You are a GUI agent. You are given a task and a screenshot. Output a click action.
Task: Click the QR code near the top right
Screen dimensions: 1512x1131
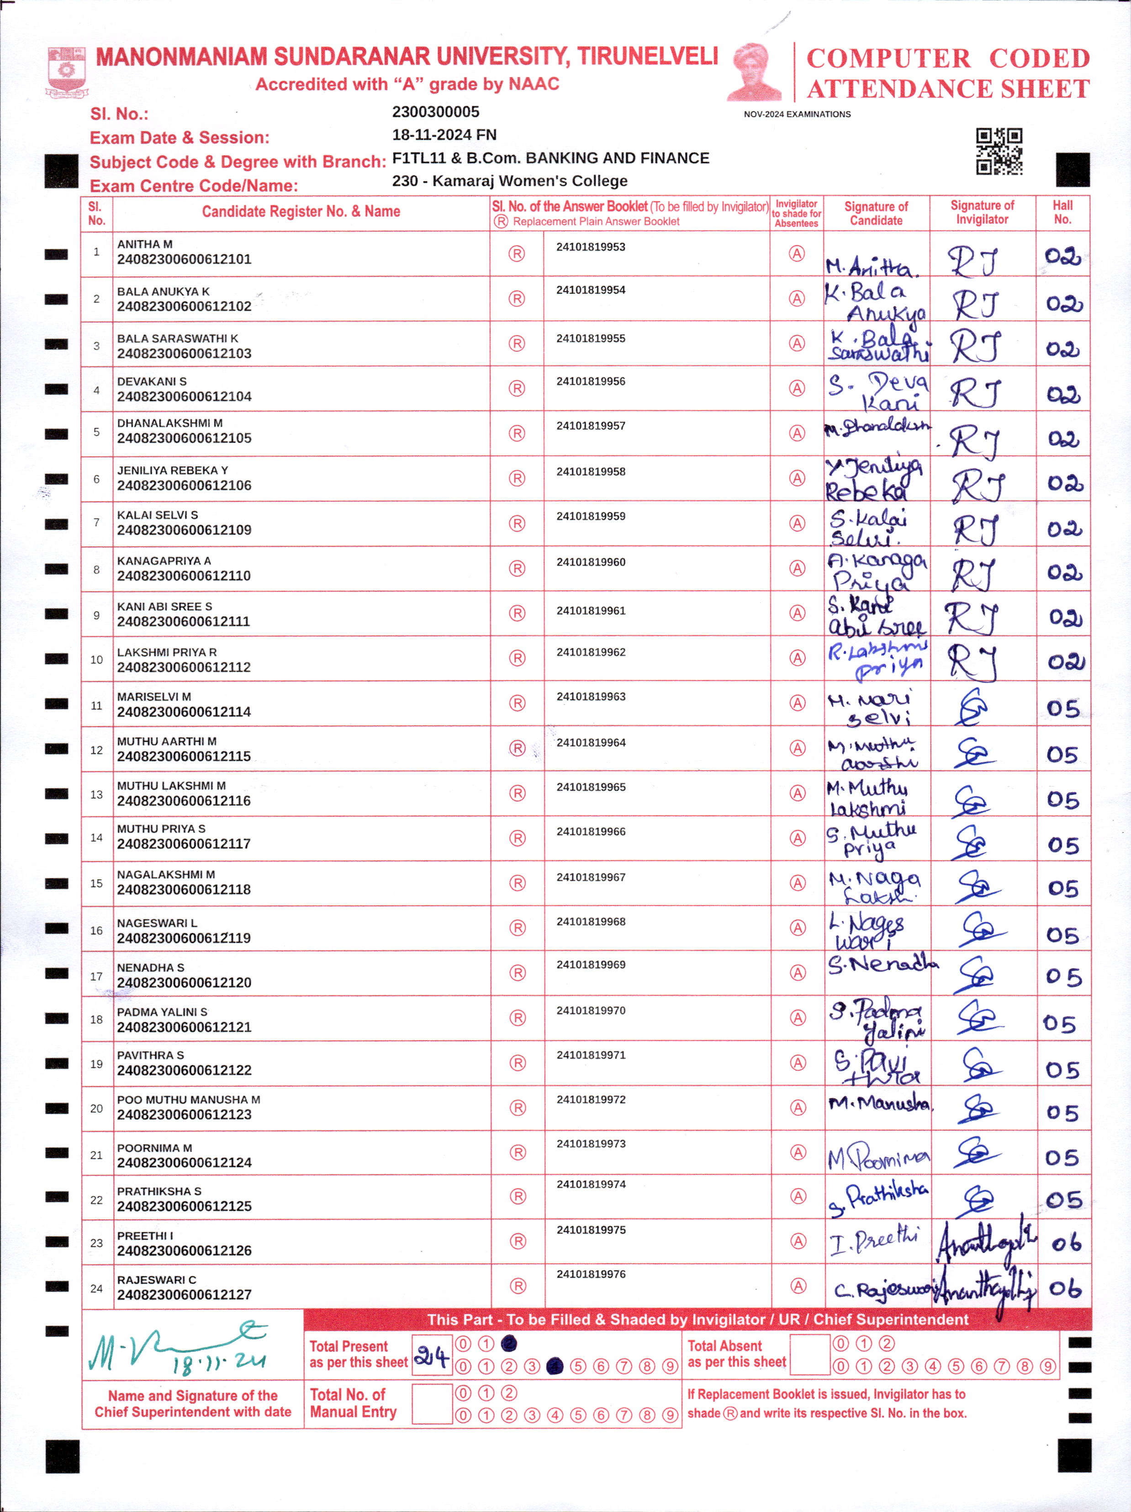[999, 151]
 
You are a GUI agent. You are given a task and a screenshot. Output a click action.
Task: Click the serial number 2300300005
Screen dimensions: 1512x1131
[435, 112]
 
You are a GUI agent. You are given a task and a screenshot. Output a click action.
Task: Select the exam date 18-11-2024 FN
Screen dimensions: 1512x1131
[444, 135]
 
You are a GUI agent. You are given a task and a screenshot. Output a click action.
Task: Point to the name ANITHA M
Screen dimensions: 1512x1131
[144, 244]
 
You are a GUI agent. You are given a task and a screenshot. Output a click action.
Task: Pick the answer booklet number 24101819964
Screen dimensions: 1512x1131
[591, 742]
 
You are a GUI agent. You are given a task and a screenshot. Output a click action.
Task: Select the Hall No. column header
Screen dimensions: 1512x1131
[1062, 212]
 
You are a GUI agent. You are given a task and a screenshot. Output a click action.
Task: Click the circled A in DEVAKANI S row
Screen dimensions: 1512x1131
[797, 388]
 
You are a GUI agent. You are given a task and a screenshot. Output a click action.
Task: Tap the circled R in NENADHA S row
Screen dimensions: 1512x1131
[518, 973]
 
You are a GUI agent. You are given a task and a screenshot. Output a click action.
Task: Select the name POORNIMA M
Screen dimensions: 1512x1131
[154, 1147]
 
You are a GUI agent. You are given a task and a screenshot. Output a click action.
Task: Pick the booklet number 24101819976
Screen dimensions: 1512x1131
[591, 1274]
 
